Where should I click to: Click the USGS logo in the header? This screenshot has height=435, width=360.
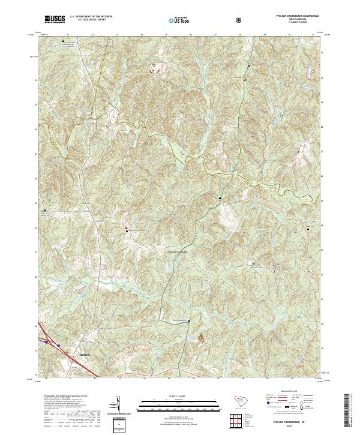tap(55, 20)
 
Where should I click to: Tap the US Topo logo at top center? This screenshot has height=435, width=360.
tap(179, 20)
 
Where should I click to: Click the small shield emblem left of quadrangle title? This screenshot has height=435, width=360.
tap(241, 20)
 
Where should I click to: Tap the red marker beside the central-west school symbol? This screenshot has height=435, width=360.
tap(127, 228)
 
